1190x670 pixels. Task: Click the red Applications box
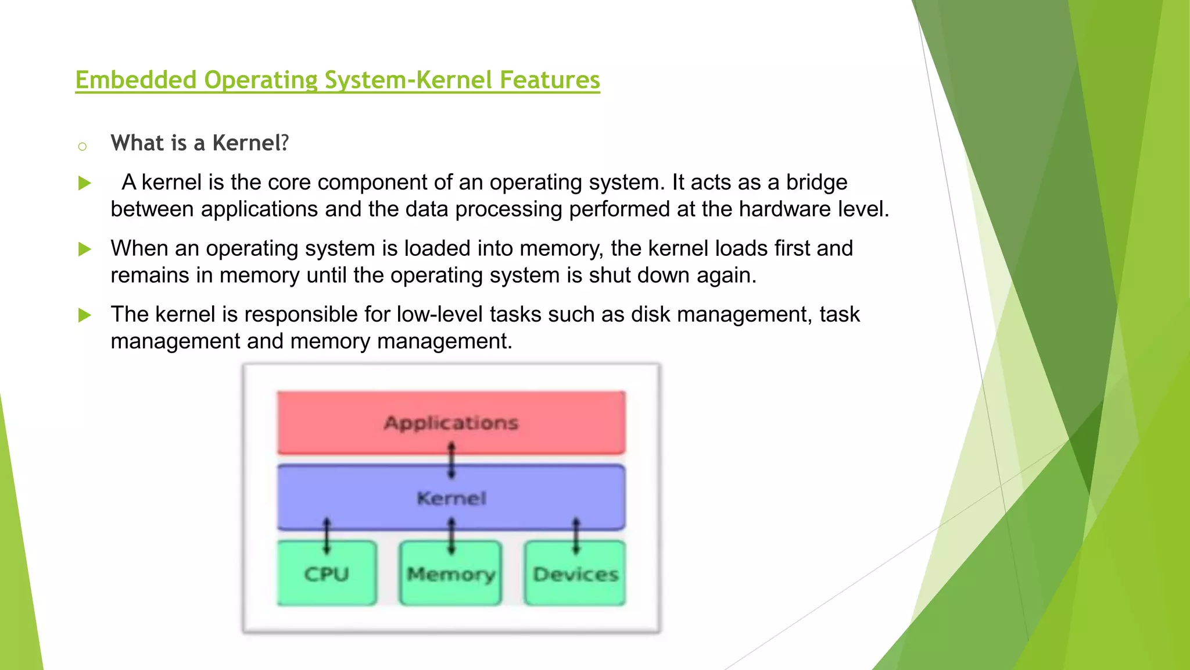click(451, 422)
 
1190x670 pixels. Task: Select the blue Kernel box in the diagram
click(451, 497)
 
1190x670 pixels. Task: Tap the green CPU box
click(327, 574)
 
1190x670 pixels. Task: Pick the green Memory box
click(450, 574)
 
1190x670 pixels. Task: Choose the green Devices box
click(575, 574)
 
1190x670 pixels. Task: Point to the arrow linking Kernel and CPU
click(327, 536)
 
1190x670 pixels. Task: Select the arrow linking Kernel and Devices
click(576, 536)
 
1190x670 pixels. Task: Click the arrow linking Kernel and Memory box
click(451, 536)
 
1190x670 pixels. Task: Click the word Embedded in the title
click(136, 80)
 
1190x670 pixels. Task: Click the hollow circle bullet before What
click(82, 146)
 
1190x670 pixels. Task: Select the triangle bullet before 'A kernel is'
click(85, 184)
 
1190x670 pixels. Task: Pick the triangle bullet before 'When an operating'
click(85, 250)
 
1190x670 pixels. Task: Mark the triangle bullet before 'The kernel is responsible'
click(85, 315)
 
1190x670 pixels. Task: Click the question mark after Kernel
click(285, 143)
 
